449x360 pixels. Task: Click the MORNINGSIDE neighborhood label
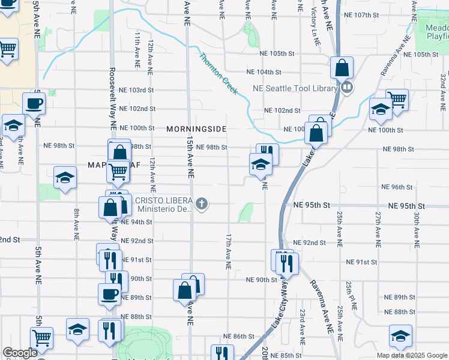coord(196,129)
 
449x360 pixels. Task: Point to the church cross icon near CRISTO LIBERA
coord(202,204)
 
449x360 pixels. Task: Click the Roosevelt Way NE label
coord(112,90)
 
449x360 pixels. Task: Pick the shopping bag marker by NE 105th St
coord(342,68)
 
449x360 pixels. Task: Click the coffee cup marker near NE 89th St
coord(109,294)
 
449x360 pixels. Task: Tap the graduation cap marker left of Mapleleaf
coord(65,177)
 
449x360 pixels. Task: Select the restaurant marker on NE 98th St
coord(267,154)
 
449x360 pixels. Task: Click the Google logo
coord(20,353)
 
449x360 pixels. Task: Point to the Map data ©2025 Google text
coord(411,355)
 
